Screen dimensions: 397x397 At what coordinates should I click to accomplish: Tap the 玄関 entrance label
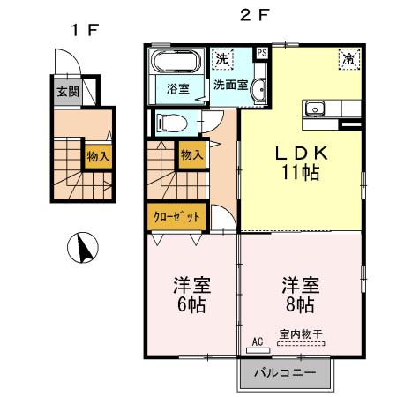[x=67, y=91]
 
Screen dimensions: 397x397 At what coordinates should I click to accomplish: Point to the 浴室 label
[x=180, y=88]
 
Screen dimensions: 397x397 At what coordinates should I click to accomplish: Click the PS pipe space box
[x=262, y=52]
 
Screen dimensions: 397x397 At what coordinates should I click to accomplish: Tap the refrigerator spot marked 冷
[x=348, y=59]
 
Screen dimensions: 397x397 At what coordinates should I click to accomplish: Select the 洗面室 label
[x=229, y=86]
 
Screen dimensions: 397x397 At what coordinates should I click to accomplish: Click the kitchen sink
[x=314, y=109]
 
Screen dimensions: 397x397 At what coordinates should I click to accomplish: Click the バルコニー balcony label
[x=285, y=372]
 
